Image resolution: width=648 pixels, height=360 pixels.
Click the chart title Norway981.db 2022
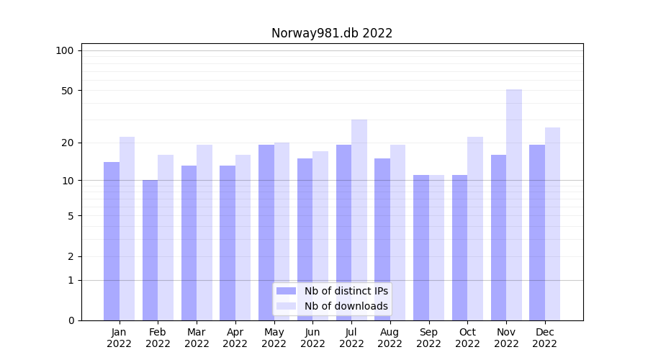click(x=331, y=33)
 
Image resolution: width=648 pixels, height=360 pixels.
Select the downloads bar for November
click(x=513, y=205)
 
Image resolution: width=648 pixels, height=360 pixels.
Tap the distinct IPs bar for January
click(x=112, y=241)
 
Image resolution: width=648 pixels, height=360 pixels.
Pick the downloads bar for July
click(x=359, y=220)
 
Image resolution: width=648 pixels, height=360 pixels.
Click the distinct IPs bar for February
click(x=150, y=250)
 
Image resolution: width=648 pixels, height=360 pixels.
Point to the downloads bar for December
click(x=552, y=224)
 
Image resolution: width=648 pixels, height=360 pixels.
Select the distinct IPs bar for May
click(x=266, y=233)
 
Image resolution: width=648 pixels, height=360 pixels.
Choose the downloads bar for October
click(x=475, y=228)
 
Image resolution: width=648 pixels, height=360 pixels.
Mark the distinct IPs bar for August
click(x=382, y=239)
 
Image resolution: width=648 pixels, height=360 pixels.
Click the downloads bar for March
click(x=204, y=233)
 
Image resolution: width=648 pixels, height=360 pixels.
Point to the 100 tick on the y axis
click(x=65, y=50)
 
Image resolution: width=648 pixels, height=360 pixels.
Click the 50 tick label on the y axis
click(x=67, y=91)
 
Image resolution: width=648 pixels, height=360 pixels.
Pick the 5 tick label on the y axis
click(x=70, y=216)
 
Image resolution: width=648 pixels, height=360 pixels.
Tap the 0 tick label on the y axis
click(x=70, y=320)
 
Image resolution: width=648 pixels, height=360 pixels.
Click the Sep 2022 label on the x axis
click(x=428, y=338)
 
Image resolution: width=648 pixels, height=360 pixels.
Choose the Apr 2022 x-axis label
click(x=235, y=338)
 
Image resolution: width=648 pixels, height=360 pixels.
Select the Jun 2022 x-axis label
click(x=312, y=338)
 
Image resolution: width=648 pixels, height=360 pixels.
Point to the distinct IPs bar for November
click(x=498, y=238)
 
